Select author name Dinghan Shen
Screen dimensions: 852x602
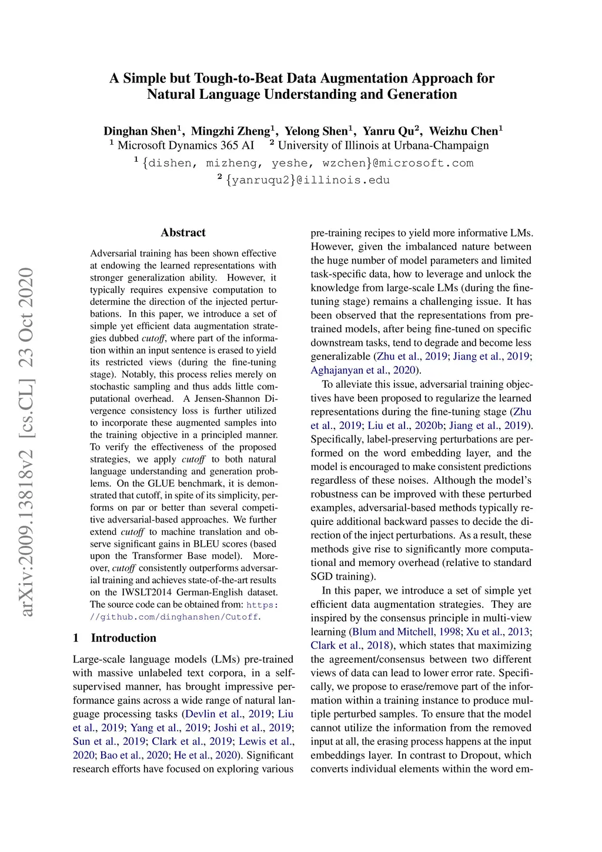point(140,131)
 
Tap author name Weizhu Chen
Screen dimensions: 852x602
point(463,131)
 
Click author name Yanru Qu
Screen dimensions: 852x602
point(388,131)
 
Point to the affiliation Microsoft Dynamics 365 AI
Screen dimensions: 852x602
point(186,145)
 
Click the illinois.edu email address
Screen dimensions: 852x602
point(307,180)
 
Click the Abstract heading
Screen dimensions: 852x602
point(183,232)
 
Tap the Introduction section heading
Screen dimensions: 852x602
point(123,638)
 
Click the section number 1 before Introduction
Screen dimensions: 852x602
point(76,638)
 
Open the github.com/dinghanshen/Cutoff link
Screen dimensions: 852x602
point(175,617)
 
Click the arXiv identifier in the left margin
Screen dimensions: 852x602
point(26,441)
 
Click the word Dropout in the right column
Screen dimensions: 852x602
point(481,755)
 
